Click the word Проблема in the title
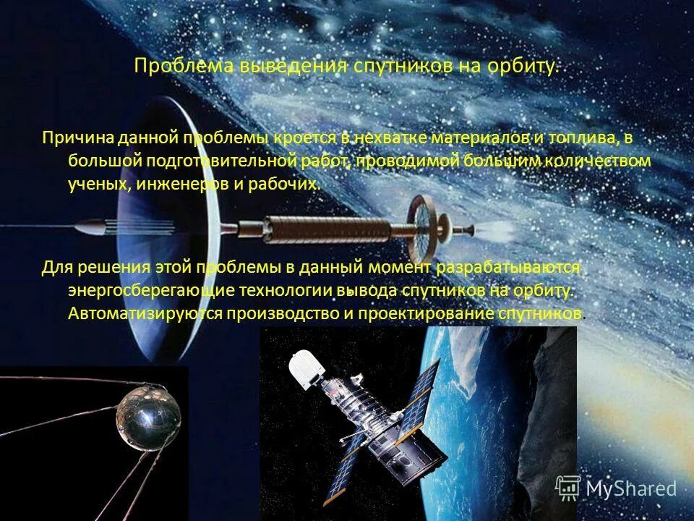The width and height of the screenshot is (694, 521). pyautogui.click(x=173, y=67)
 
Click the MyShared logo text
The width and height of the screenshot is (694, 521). pyautogui.click(x=631, y=489)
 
